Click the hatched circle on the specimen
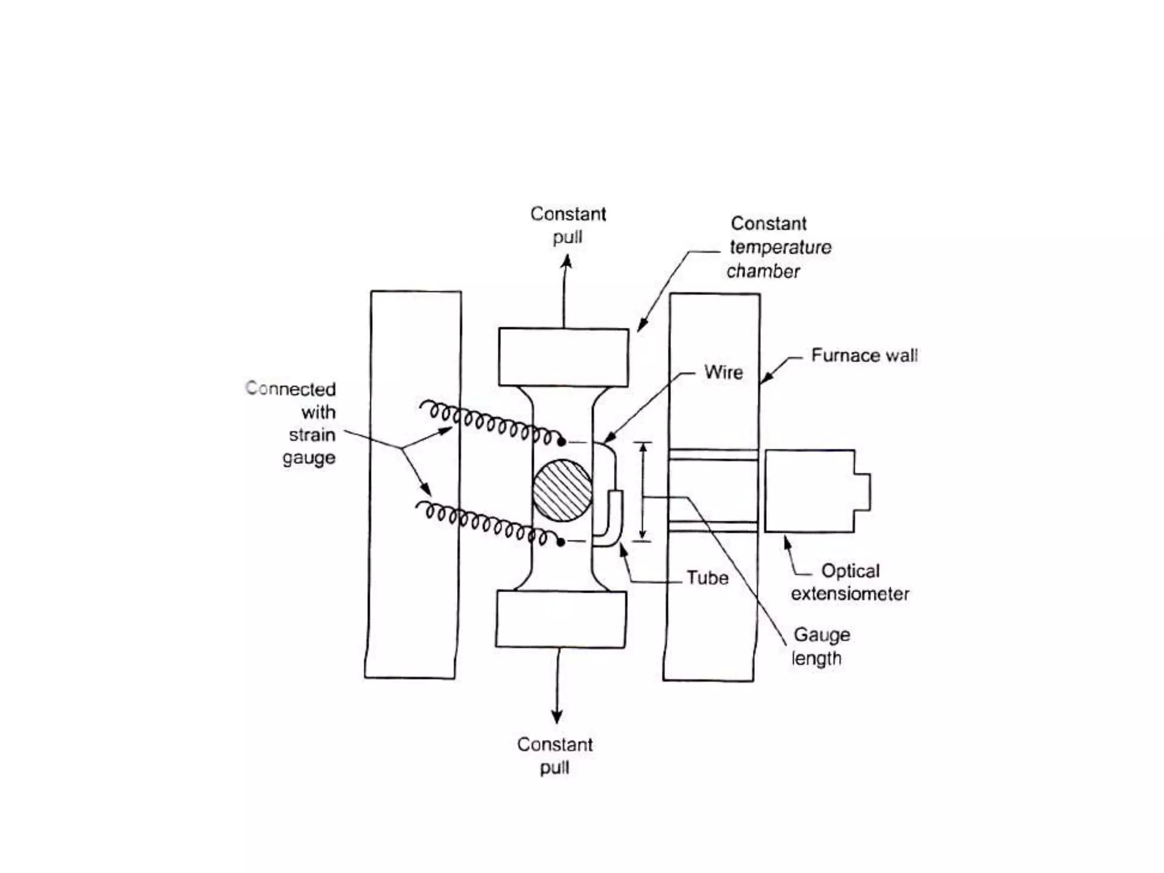click(x=562, y=490)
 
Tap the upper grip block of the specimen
click(x=563, y=357)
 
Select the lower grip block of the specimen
click(x=561, y=619)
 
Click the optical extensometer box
click(x=810, y=491)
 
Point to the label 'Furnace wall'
click(x=864, y=356)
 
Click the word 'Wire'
click(x=724, y=373)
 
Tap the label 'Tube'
click(x=707, y=578)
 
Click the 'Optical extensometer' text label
click(x=850, y=583)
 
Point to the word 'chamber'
click(x=763, y=272)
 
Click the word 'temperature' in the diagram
click(x=780, y=248)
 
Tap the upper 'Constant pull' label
click(x=568, y=225)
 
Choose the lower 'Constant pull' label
click(x=555, y=756)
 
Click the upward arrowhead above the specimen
click(x=566, y=262)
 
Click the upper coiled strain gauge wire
click(x=489, y=423)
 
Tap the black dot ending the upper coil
click(x=562, y=442)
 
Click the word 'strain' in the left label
click(x=311, y=435)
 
